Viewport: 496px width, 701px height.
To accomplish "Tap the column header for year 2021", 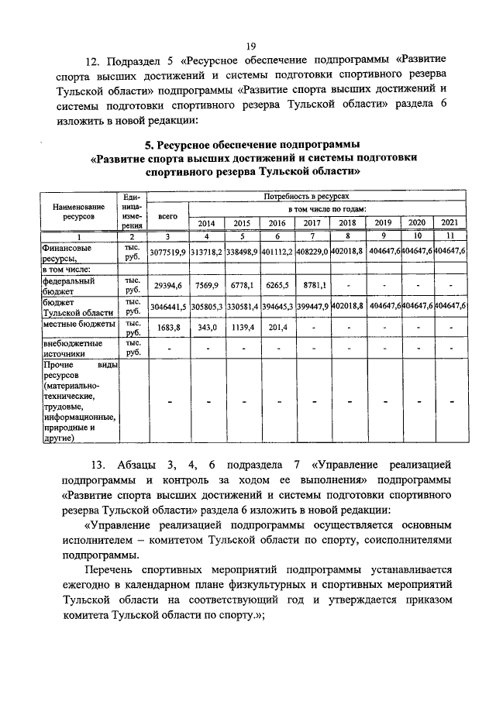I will coord(451,223).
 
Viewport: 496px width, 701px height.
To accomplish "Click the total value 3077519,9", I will coord(168,252).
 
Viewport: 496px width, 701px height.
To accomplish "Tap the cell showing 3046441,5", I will coord(168,306).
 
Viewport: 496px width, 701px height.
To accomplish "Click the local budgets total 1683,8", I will coord(168,328).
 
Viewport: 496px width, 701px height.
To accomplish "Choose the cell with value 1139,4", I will coord(242,328).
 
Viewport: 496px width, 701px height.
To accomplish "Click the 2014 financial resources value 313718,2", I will coord(207,252).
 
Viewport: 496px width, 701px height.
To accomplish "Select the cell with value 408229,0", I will coord(312,252).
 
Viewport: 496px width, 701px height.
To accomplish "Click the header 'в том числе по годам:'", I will coord(326,210).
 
